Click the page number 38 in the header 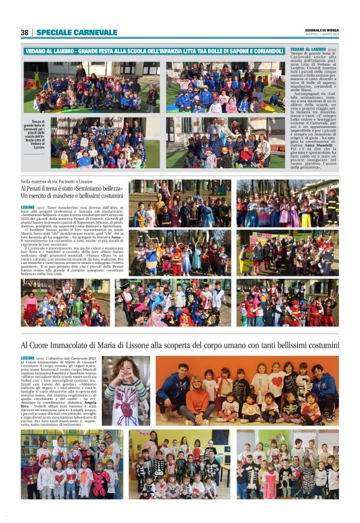coord(24,32)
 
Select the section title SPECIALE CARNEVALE coord(76,32)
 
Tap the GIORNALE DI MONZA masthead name coord(322,30)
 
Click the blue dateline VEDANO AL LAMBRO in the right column coord(308,48)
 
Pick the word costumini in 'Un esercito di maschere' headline coord(107,196)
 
